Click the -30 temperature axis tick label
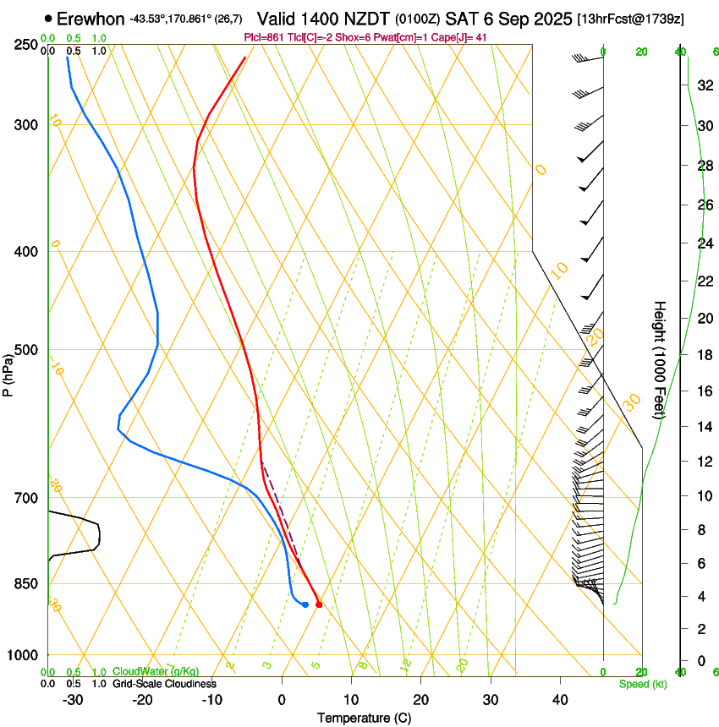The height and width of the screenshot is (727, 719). (x=73, y=699)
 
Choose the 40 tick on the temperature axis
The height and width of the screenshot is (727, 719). (x=559, y=699)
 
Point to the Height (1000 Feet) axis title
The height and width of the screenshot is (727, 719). (x=660, y=359)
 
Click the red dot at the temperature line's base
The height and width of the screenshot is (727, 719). (x=319, y=604)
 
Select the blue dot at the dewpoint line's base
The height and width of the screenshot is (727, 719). (x=305, y=604)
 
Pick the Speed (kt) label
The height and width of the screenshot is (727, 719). (x=642, y=684)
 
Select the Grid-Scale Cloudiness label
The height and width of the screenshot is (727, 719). (x=164, y=684)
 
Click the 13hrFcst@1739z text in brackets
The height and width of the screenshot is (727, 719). (x=630, y=19)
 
